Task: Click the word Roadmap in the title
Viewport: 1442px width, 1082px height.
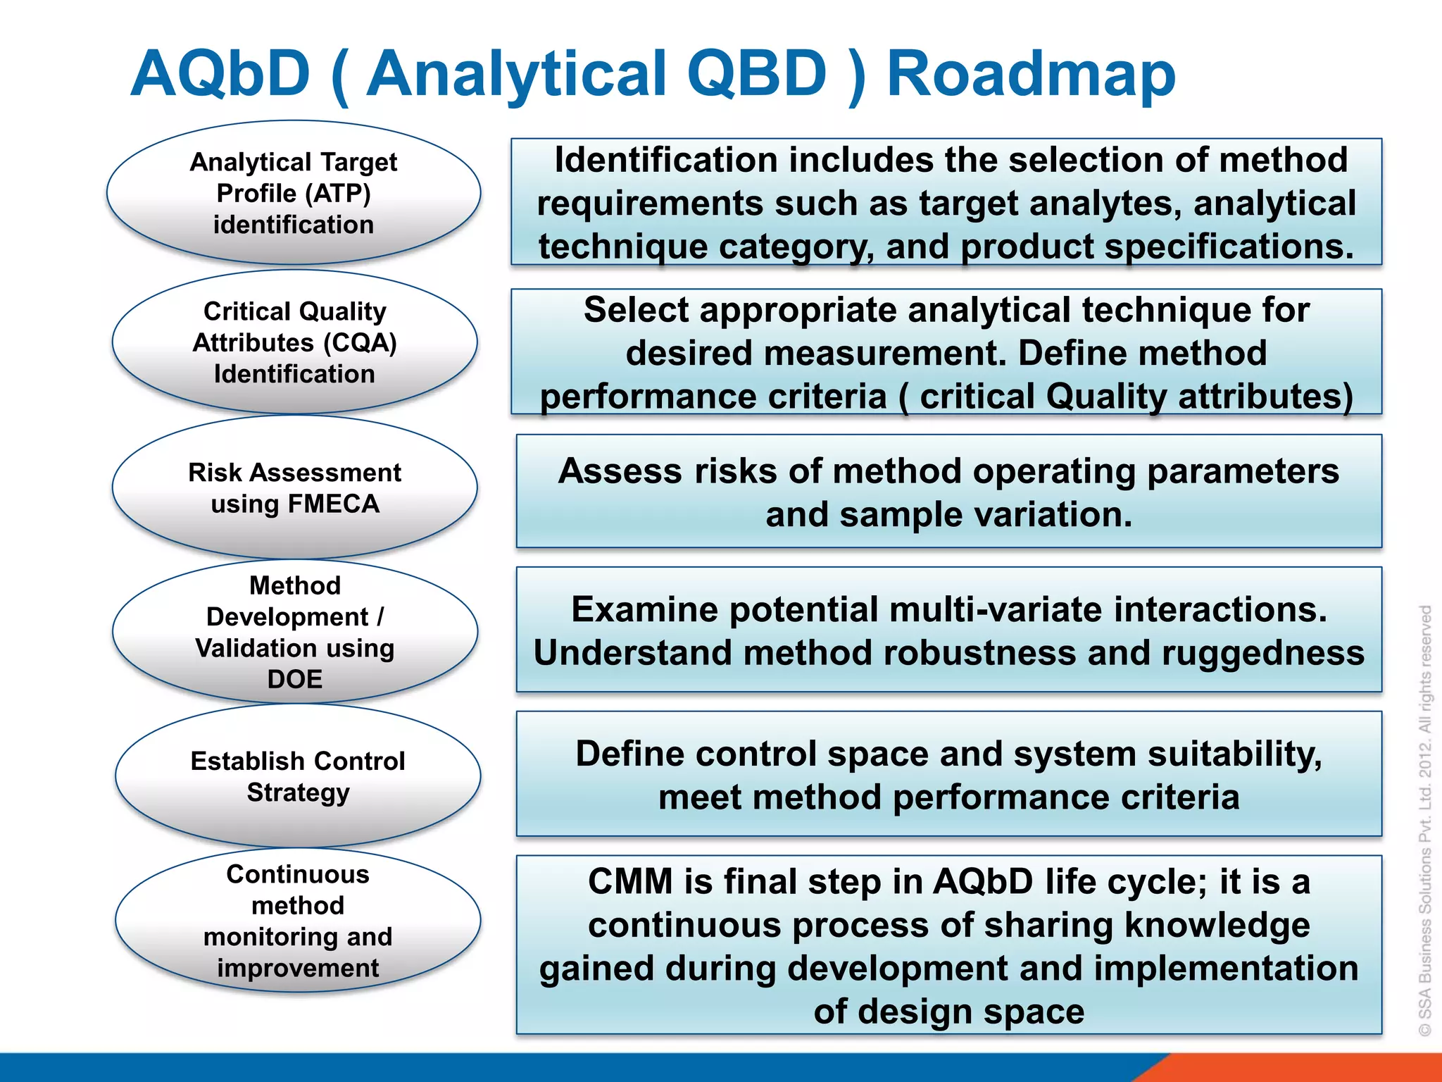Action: pos(1031,74)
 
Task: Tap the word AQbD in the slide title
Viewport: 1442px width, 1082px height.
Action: pos(220,74)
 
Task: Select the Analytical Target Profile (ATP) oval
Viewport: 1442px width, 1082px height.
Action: pos(294,193)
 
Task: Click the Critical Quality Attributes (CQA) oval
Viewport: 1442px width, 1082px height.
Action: pos(294,342)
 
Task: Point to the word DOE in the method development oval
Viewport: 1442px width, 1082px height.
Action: pos(294,679)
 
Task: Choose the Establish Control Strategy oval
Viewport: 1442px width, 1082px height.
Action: pos(298,776)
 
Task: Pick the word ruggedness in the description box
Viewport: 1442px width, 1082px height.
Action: pos(1263,653)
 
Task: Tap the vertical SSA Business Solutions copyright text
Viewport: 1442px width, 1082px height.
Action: pos(1425,821)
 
